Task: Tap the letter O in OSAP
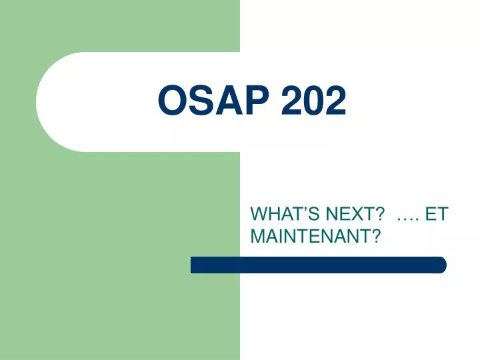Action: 173,102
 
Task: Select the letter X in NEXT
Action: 354,215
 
